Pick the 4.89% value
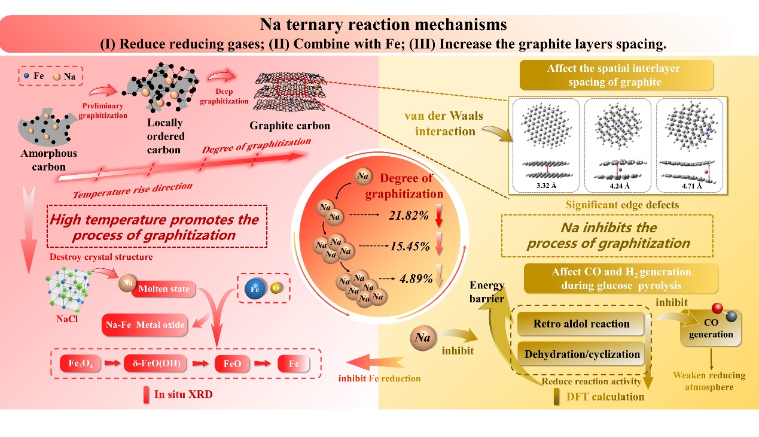coord(411,278)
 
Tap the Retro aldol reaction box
coord(581,324)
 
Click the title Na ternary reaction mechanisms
coord(383,25)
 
